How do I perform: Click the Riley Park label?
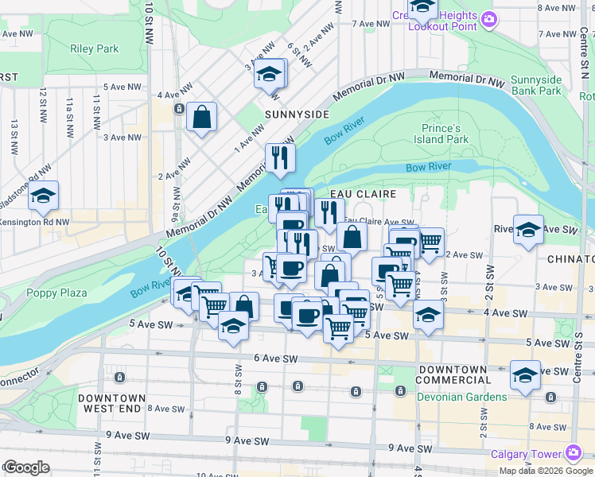coord(94,48)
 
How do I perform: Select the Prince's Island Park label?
coord(441,134)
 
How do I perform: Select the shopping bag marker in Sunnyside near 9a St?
coord(202,117)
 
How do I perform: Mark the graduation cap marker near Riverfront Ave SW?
coord(528,229)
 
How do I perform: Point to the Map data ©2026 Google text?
coord(546,471)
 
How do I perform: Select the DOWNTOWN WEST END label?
coord(112,403)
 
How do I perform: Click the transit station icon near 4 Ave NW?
coord(181,108)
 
